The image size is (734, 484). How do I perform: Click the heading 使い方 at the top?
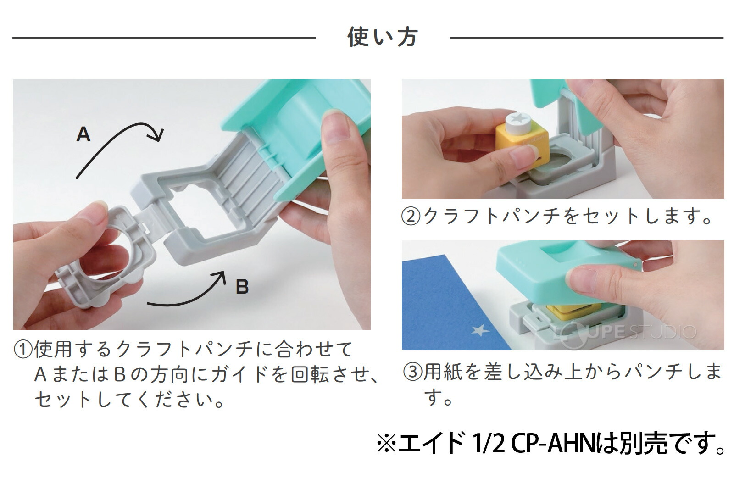382,37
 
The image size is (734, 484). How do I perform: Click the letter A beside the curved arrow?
83,134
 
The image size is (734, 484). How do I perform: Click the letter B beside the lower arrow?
242,287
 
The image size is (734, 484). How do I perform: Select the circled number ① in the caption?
23,350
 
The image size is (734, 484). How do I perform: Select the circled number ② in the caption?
411,216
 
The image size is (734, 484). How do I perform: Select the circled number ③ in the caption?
412,372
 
